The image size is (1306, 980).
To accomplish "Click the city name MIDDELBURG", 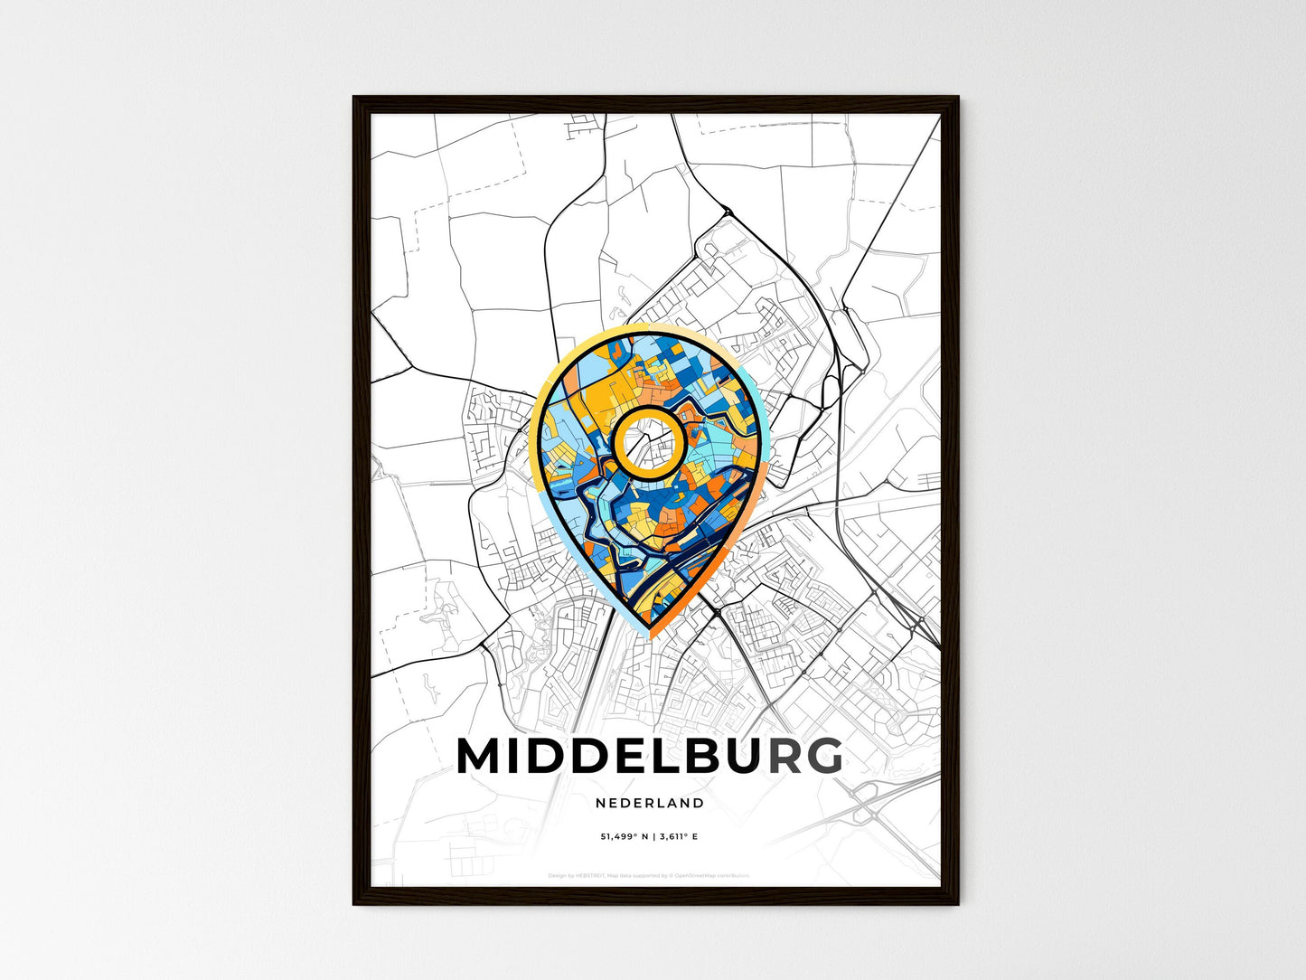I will (649, 757).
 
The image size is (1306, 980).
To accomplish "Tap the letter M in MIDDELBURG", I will (481, 757).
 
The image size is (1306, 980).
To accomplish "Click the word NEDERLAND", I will (650, 803).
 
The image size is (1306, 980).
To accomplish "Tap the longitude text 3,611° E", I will (679, 836).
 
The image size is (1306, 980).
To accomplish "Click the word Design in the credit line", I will (557, 875).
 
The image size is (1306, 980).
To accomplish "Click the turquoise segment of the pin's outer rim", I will (765, 425).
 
